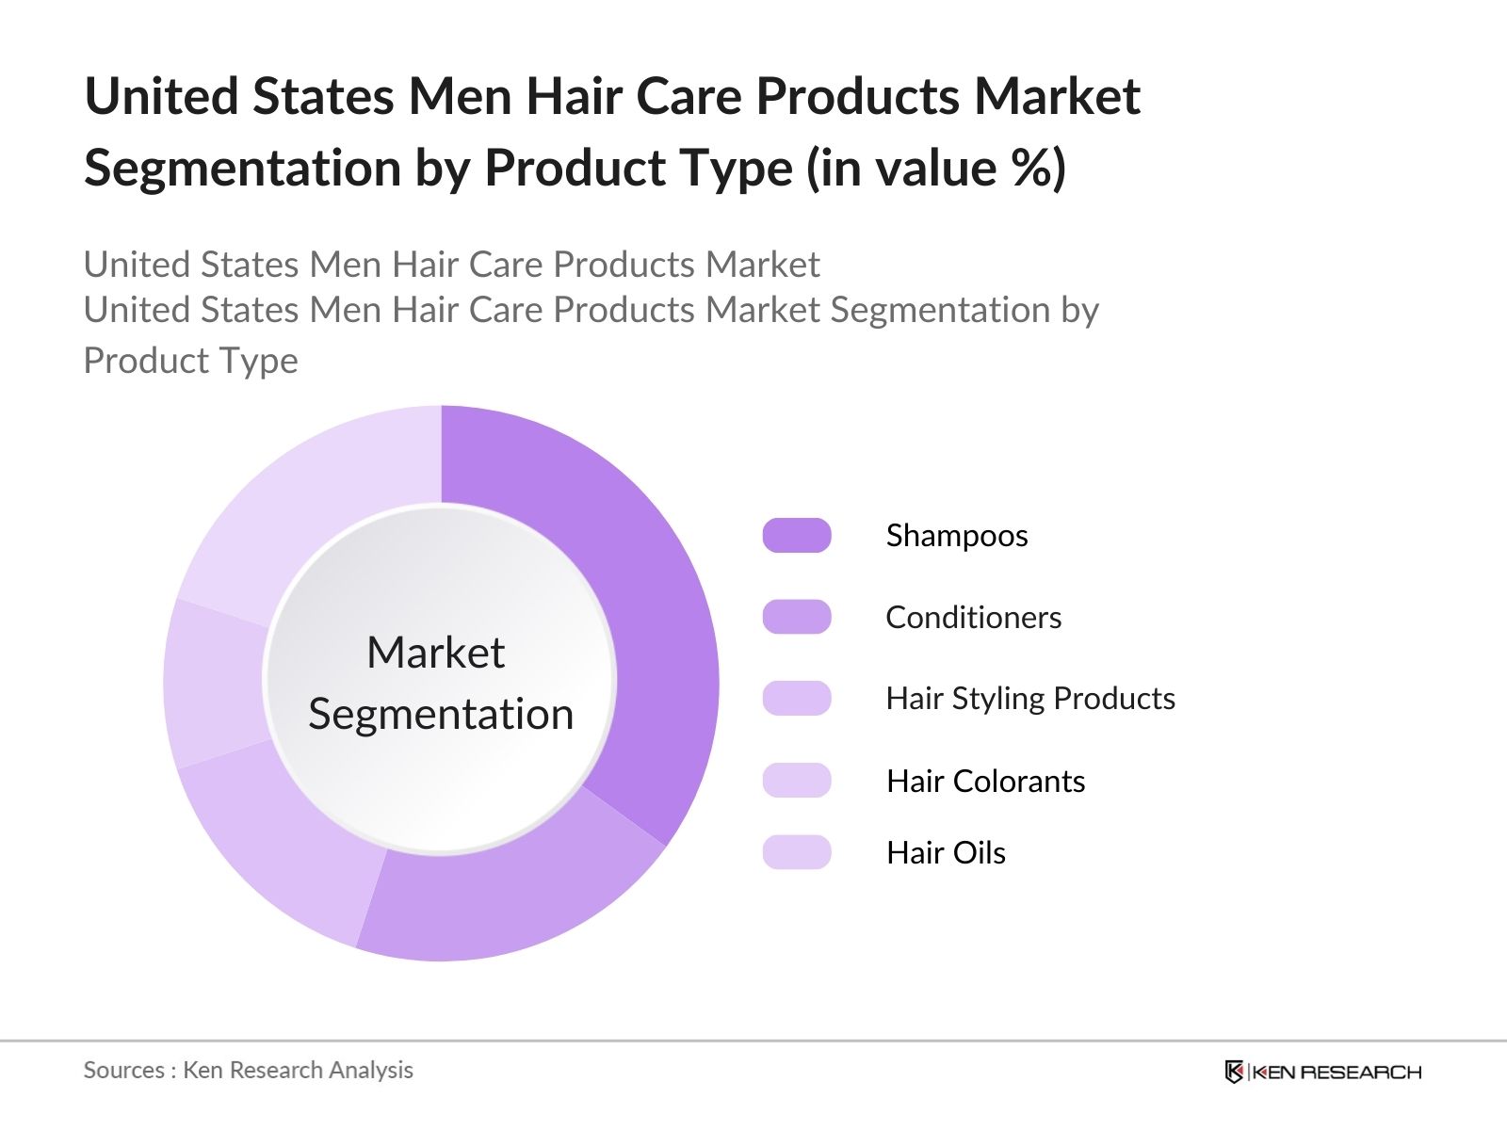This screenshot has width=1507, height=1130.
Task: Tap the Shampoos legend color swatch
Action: pyautogui.click(x=797, y=535)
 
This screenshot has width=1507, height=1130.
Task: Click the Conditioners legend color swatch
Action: pyautogui.click(x=797, y=617)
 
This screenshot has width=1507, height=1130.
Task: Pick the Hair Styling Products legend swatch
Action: pyautogui.click(x=797, y=699)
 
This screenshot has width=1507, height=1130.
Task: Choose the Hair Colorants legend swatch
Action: pyautogui.click(x=797, y=780)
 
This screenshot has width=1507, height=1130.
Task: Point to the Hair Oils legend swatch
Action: pyautogui.click(x=797, y=852)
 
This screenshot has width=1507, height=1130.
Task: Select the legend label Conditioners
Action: pyautogui.click(x=974, y=618)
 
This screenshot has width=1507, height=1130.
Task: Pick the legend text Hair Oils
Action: pyautogui.click(x=946, y=853)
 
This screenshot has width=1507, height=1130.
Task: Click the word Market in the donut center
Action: pyautogui.click(x=436, y=652)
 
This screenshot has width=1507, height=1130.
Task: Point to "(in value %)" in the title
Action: pyautogui.click(x=936, y=169)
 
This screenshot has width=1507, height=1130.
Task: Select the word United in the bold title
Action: pyautogui.click(x=161, y=96)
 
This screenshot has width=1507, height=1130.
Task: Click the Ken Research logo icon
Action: pyautogui.click(x=1234, y=1071)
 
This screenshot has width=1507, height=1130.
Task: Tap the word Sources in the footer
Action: pyautogui.click(x=124, y=1071)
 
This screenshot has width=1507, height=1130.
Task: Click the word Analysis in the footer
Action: pyautogui.click(x=371, y=1071)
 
